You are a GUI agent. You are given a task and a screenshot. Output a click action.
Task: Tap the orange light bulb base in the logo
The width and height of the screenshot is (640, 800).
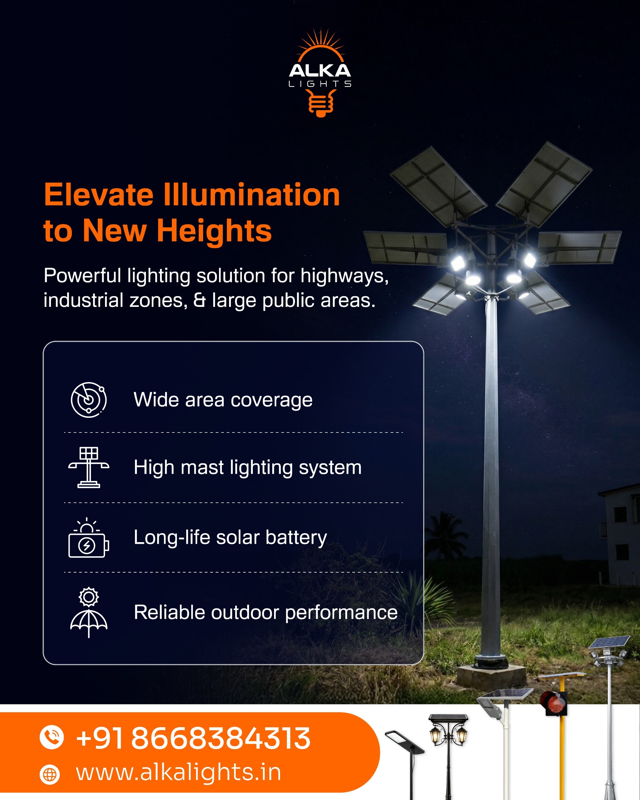(321, 104)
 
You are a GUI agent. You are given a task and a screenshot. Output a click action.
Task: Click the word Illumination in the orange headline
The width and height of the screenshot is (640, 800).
(252, 195)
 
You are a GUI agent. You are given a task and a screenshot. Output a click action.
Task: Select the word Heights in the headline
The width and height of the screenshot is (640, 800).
(214, 231)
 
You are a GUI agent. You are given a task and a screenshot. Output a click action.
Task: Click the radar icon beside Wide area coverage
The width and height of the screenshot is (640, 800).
(89, 400)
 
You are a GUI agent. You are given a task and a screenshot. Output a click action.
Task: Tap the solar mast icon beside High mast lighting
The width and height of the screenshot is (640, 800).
(89, 467)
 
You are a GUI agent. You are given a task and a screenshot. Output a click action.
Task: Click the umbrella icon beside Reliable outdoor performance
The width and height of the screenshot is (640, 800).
(89, 612)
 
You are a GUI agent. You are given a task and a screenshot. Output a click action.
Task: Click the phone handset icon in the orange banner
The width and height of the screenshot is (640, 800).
(52, 737)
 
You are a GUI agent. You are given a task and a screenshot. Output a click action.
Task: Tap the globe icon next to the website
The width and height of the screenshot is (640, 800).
(50, 775)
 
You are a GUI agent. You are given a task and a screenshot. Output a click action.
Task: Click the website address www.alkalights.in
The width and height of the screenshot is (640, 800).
(178, 772)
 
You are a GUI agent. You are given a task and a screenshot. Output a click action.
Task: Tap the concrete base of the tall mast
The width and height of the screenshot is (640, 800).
(491, 676)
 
